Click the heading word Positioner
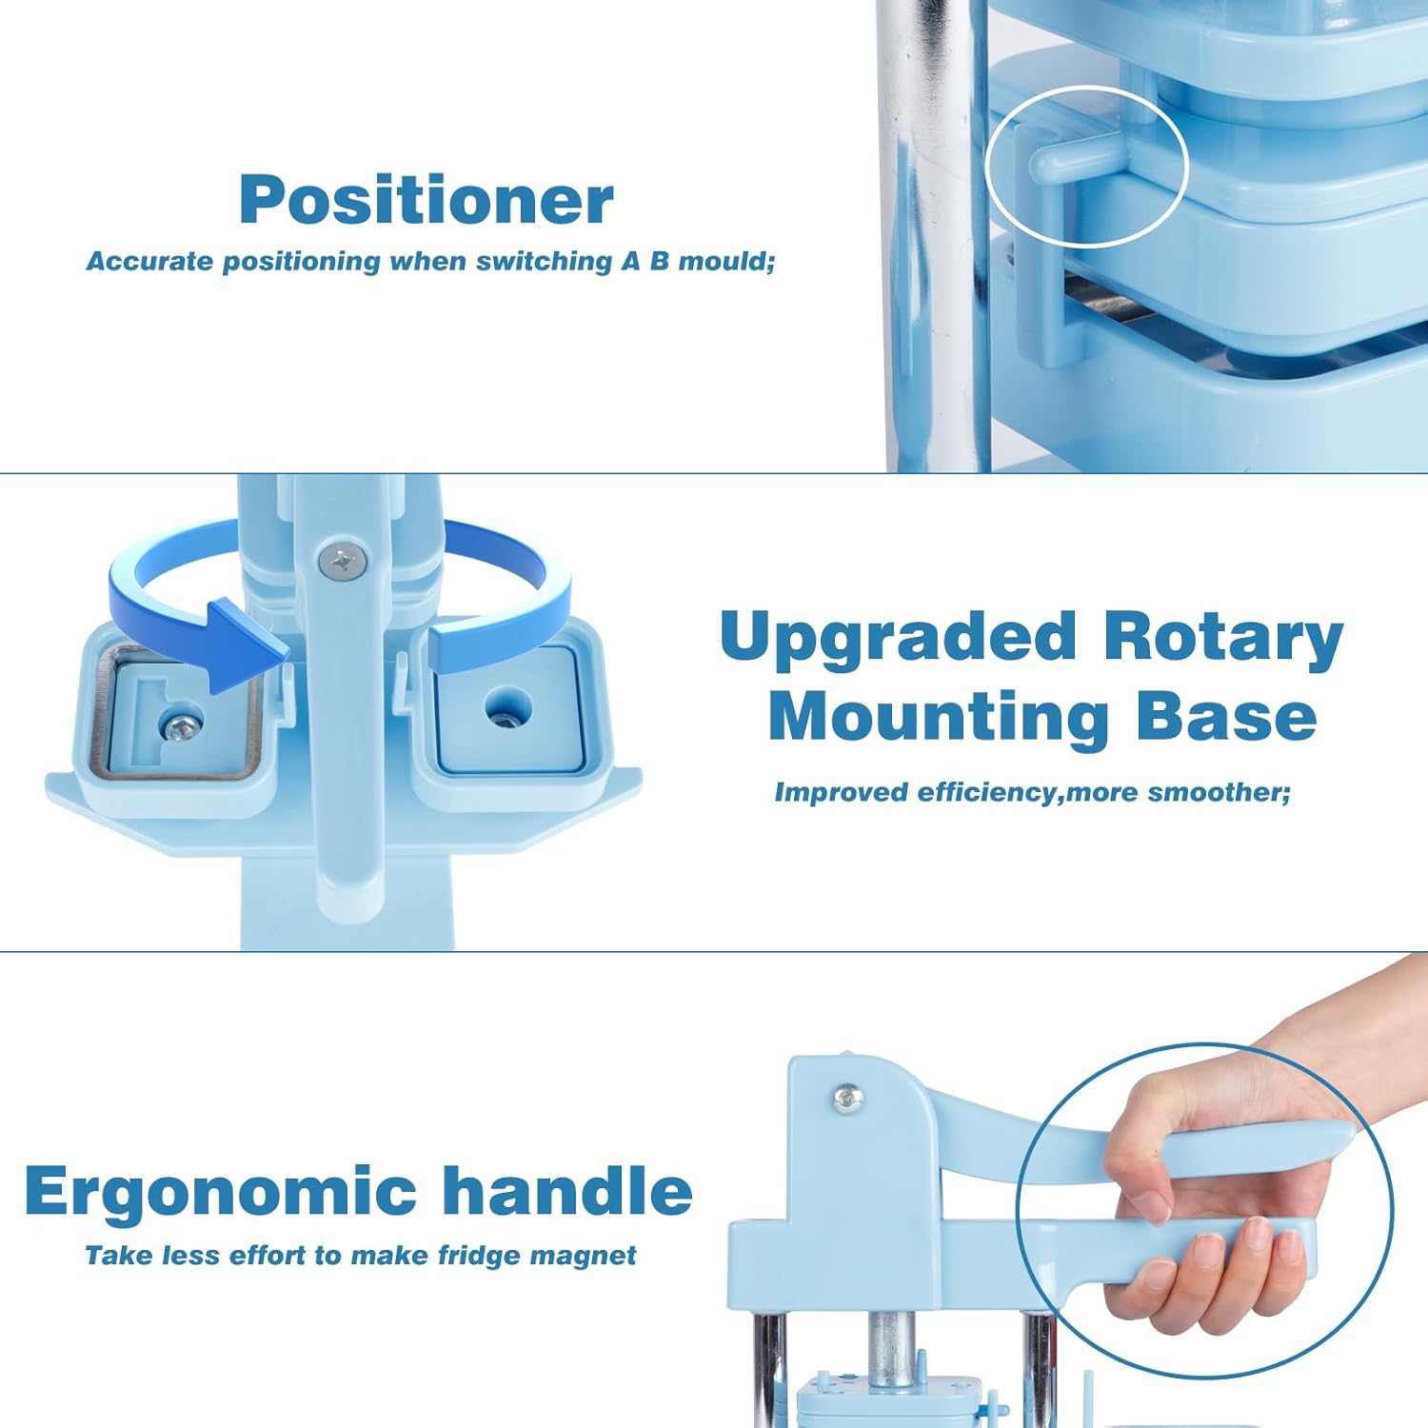point(426,200)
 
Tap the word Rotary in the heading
point(1223,638)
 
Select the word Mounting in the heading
point(939,716)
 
